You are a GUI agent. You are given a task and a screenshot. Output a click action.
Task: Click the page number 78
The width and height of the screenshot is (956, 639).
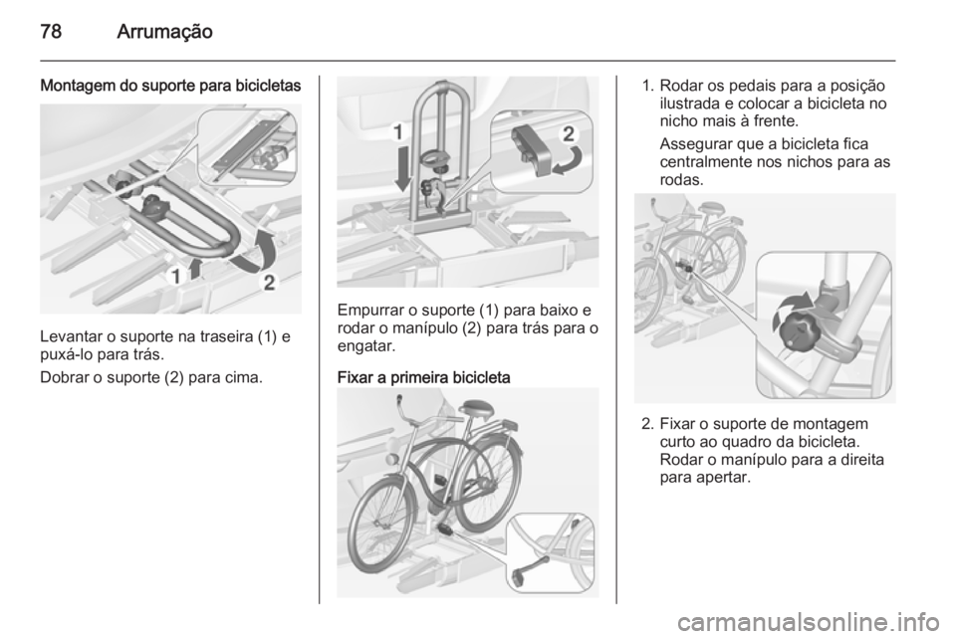[51, 31]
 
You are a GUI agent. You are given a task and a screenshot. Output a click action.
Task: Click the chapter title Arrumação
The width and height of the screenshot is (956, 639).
[164, 32]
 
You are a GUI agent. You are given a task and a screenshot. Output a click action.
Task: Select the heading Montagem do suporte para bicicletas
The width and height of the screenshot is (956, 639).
[170, 86]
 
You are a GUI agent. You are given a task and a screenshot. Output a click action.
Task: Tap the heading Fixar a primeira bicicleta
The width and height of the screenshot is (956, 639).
[424, 377]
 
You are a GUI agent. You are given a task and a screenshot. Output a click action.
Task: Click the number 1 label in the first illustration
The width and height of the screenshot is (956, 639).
[175, 277]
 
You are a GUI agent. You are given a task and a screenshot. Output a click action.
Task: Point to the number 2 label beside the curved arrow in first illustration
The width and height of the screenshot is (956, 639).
[270, 283]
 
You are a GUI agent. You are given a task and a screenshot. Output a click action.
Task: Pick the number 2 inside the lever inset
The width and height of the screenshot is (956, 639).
[568, 134]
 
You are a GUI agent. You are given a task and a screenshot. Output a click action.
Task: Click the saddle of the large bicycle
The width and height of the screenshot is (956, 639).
[480, 407]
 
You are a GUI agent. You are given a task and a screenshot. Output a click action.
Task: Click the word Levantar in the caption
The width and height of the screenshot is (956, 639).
[69, 336]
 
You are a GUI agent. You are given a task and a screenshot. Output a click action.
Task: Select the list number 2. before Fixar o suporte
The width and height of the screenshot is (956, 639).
[647, 424]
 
